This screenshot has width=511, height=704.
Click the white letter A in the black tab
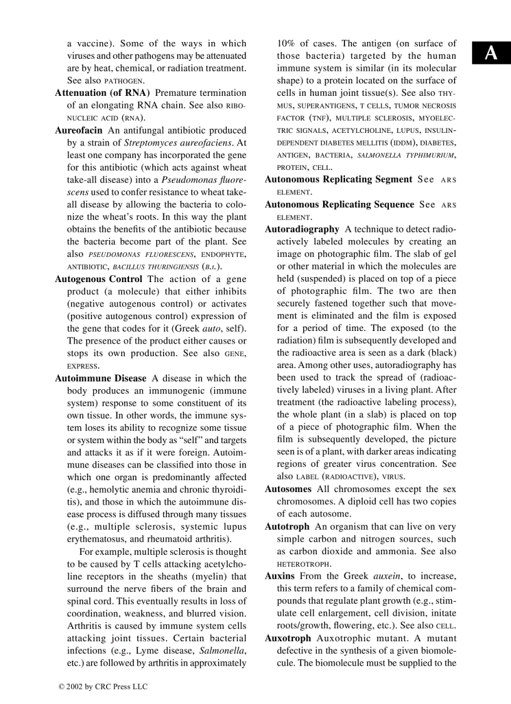[492, 54]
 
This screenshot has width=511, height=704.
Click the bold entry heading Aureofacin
[80, 130]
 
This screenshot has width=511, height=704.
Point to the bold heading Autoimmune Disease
[100, 378]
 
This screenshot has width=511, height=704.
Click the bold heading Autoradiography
[302, 229]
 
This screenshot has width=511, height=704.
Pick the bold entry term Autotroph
[287, 527]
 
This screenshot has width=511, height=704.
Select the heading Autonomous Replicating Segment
[338, 179]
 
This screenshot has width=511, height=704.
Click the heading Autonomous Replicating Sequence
[339, 204]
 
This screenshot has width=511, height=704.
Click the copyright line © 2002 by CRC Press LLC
[103, 686]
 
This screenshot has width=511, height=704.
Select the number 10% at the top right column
[287, 43]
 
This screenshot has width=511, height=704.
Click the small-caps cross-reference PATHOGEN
[124, 81]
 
